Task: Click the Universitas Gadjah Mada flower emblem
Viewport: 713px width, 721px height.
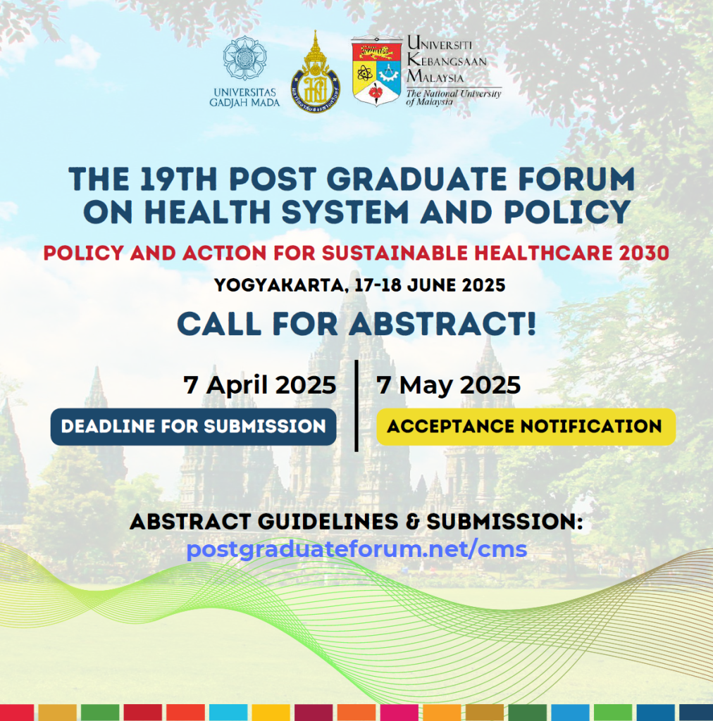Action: pos(244,58)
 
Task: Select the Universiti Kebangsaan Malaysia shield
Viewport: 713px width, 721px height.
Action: pos(376,71)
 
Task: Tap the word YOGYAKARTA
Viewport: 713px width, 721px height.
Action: pos(279,286)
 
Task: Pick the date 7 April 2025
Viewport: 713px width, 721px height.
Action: pos(260,385)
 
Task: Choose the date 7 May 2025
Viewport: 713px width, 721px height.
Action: pos(449,385)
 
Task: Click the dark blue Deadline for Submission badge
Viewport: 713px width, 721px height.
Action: pos(193,427)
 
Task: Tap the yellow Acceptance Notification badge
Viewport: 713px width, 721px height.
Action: pos(526,427)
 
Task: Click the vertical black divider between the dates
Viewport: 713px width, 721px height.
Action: pos(356,406)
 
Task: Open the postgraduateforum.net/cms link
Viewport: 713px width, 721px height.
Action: pos(356,549)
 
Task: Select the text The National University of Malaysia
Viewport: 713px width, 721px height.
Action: pos(454,97)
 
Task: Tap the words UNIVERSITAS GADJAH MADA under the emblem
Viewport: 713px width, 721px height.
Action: pos(244,97)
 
